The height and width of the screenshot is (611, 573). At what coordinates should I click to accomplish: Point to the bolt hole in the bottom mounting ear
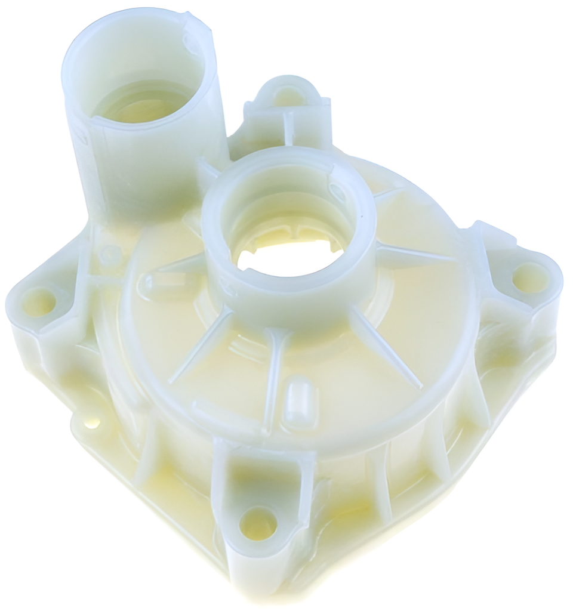pyautogui.click(x=258, y=523)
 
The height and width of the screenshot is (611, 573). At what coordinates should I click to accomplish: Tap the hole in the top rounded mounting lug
pyautogui.click(x=289, y=94)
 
